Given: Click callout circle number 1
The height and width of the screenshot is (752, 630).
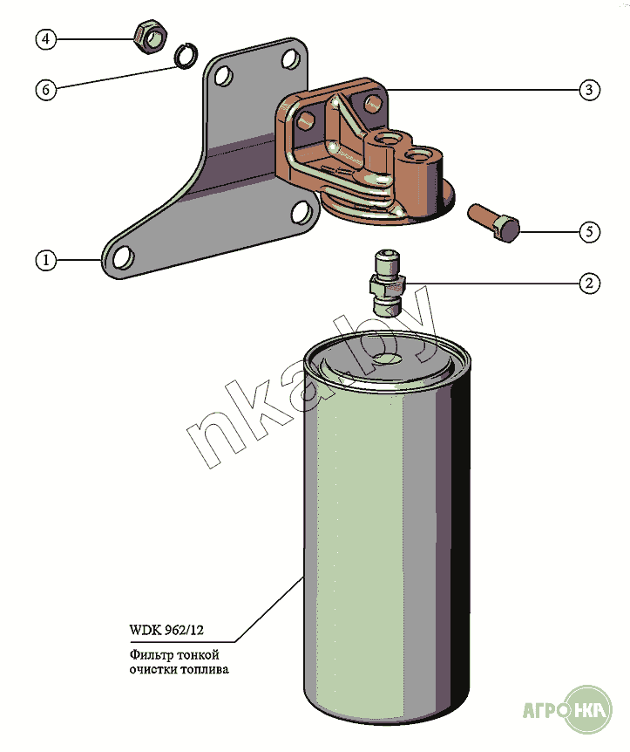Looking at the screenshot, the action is tap(47, 259).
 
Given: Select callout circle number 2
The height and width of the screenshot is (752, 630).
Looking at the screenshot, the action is tap(590, 283).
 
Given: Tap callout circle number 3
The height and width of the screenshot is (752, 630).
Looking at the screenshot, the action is tap(590, 89).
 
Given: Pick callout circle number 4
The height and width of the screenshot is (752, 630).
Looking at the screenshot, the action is tap(47, 38).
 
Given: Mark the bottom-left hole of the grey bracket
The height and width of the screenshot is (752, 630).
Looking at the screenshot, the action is tap(123, 256).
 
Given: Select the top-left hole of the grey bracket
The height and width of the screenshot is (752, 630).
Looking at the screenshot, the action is tap(223, 75).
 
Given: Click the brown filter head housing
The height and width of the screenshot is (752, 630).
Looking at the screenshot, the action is tap(366, 148).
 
